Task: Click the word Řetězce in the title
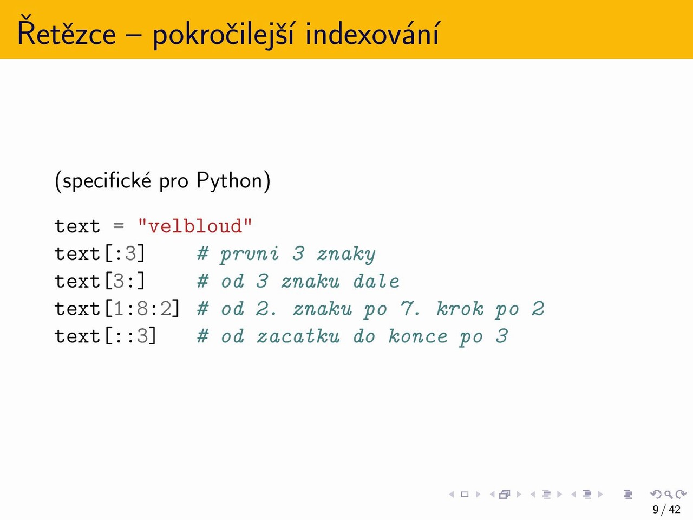coord(67,31)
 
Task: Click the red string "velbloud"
coord(195,226)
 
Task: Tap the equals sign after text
coord(119,226)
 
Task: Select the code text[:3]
coord(100,253)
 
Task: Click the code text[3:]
coord(100,281)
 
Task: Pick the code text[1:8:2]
coord(117,308)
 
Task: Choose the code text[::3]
coord(106,336)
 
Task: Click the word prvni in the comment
coord(250,255)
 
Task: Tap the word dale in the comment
coord(376,281)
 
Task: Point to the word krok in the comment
coord(460,308)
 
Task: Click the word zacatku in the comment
coord(298,336)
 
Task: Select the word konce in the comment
coord(417,336)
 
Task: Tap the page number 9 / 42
coord(666,510)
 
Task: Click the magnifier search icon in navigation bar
coord(668,494)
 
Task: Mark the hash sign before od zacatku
coord(203,336)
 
